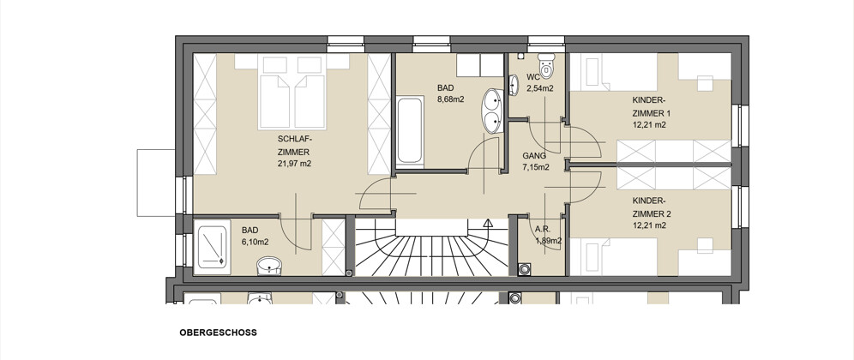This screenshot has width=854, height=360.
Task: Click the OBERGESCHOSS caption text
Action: [218, 333]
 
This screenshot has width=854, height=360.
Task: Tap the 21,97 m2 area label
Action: [294, 164]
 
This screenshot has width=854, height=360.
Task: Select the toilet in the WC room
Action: [545, 65]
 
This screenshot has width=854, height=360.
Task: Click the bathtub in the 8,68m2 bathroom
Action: [410, 130]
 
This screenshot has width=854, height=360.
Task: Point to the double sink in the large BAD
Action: [492, 111]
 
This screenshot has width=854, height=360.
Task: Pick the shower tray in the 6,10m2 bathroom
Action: [213, 247]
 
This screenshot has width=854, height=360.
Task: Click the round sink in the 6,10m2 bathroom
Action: [268, 266]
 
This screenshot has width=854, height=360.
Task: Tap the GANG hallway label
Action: [533, 156]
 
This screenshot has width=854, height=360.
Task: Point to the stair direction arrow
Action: [488, 223]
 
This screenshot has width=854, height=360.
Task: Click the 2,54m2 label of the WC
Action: [539, 88]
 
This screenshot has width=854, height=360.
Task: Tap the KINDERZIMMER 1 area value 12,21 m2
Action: [649, 125]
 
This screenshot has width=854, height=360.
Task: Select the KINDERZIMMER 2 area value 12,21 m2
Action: [649, 225]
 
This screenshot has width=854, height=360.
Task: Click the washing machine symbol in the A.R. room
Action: [524, 268]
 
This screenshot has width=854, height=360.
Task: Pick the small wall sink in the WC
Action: [514, 85]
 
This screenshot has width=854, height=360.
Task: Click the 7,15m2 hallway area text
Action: [535, 167]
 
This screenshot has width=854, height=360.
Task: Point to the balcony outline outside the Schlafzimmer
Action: [137, 183]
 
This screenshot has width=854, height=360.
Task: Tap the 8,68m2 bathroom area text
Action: [451, 99]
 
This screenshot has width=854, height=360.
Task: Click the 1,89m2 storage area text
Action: [549, 240]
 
